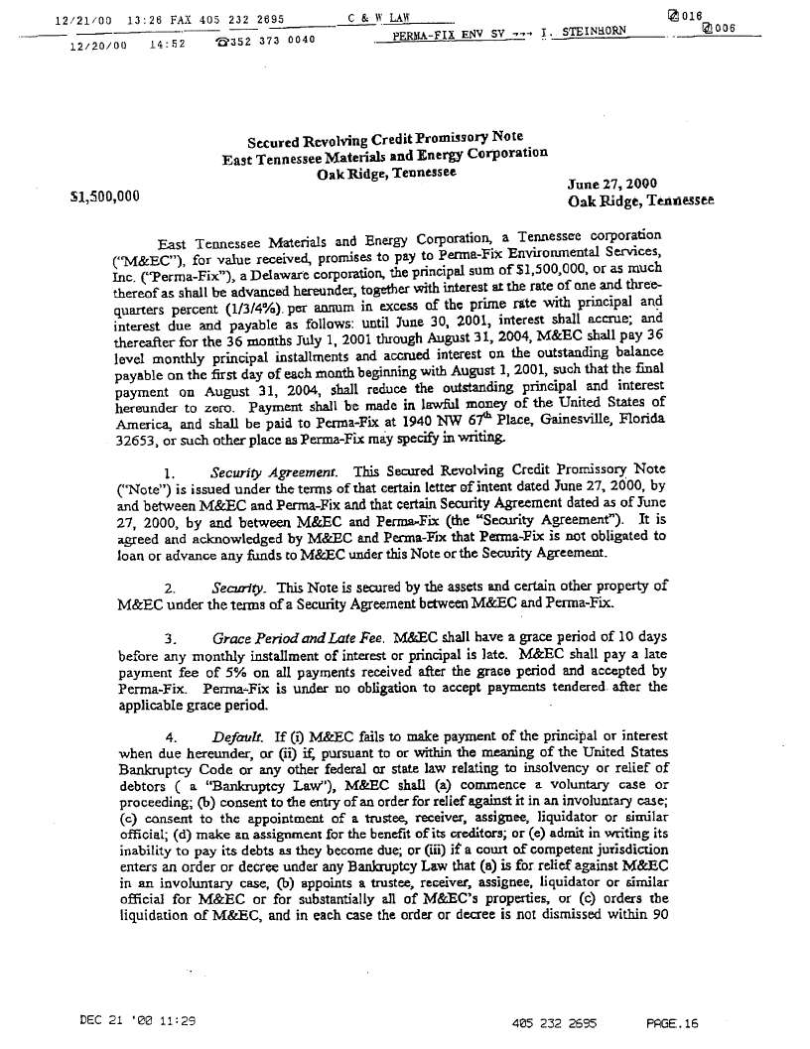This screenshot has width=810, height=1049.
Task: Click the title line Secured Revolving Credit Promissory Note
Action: click(385, 139)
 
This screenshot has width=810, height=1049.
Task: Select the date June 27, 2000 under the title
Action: click(611, 185)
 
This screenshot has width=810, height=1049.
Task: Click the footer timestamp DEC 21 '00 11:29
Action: click(138, 1019)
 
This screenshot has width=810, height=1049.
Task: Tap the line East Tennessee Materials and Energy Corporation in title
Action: click(385, 156)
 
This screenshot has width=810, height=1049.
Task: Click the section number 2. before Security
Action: click(170, 588)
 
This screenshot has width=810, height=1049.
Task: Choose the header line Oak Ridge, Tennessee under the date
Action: click(639, 201)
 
